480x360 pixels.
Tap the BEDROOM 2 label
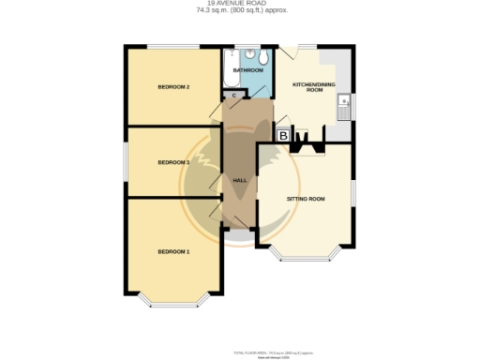[x=173, y=87]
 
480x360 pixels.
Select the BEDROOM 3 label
[x=173, y=162]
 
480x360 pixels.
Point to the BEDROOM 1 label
[x=173, y=251]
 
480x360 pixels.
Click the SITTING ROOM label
[x=305, y=199]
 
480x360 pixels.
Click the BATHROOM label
[x=247, y=70]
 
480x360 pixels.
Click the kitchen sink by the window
[x=344, y=104]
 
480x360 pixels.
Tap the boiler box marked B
[x=283, y=136]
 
